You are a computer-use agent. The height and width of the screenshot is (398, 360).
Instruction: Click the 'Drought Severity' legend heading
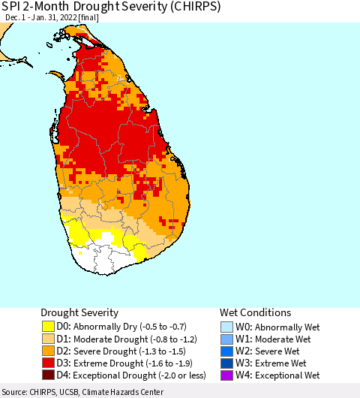point(79,312)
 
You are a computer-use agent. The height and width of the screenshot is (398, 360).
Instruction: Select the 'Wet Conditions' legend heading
point(255,312)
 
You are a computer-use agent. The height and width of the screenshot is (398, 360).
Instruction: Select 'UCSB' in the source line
point(74,392)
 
